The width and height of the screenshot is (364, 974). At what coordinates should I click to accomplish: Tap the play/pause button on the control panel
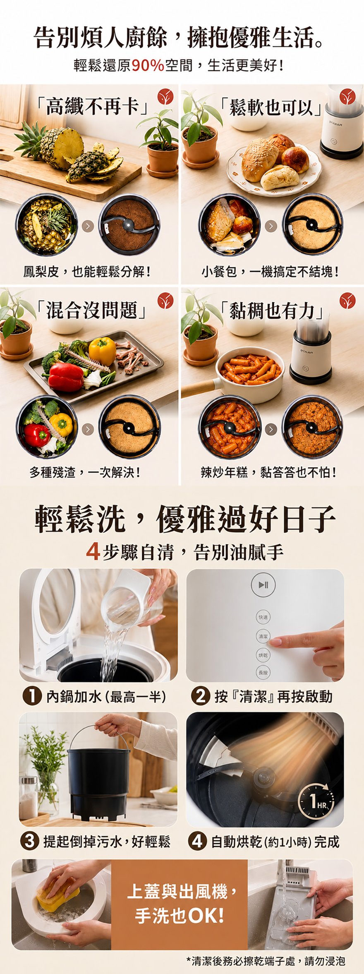click(x=263, y=585)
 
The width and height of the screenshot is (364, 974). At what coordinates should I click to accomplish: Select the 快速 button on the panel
click(x=263, y=617)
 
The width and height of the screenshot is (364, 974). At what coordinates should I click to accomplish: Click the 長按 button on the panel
click(x=263, y=673)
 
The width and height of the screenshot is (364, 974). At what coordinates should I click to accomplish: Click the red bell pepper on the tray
click(x=65, y=377)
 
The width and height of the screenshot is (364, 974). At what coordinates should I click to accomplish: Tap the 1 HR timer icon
click(x=315, y=804)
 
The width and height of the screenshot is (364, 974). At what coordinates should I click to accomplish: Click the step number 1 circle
click(x=32, y=696)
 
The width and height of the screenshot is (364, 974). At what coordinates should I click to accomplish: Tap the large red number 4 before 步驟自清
click(x=93, y=552)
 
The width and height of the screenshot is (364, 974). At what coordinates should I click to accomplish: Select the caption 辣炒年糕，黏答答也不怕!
click(x=268, y=472)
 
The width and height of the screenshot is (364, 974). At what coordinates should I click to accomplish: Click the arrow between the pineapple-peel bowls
click(x=88, y=226)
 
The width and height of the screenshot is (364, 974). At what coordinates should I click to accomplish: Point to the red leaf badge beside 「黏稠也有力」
click(x=347, y=301)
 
